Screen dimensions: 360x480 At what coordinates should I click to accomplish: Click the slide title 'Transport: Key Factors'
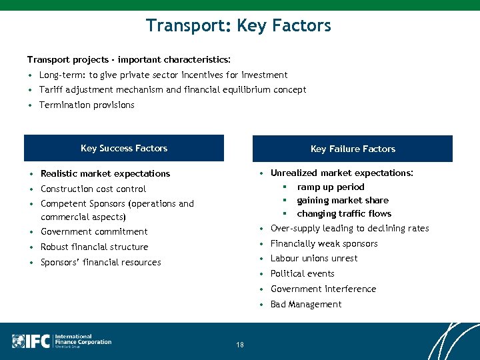[x=239, y=26]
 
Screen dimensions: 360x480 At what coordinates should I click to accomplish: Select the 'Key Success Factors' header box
[x=124, y=148]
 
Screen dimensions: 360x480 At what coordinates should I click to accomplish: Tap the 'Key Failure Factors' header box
[x=353, y=149]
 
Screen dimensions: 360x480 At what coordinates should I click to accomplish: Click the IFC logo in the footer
[x=62, y=341]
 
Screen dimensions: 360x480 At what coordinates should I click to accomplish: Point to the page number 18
[x=240, y=345]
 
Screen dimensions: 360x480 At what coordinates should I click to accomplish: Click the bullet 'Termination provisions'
[x=87, y=105]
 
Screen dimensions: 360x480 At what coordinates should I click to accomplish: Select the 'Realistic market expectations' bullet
[x=105, y=173]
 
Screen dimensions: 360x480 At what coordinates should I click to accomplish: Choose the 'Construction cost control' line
[x=93, y=189]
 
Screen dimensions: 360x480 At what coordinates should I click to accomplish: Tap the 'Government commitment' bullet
[x=94, y=231]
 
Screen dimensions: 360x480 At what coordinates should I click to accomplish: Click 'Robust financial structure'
[x=95, y=247]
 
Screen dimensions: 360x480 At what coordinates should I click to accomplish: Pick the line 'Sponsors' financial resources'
[x=101, y=262]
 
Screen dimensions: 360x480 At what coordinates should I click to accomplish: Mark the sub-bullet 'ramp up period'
[x=331, y=187]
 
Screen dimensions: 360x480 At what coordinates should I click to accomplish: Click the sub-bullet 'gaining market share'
[x=343, y=200]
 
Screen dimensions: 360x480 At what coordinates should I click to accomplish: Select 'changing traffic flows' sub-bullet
[x=344, y=213]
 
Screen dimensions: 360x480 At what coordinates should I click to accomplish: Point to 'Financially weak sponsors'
[x=324, y=243]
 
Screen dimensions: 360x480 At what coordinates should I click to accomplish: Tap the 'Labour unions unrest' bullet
[x=314, y=258]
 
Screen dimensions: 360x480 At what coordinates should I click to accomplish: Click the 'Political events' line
[x=303, y=273]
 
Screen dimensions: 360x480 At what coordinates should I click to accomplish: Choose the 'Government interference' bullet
[x=323, y=289]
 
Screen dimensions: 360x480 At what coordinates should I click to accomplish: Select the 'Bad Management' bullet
[x=306, y=304]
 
